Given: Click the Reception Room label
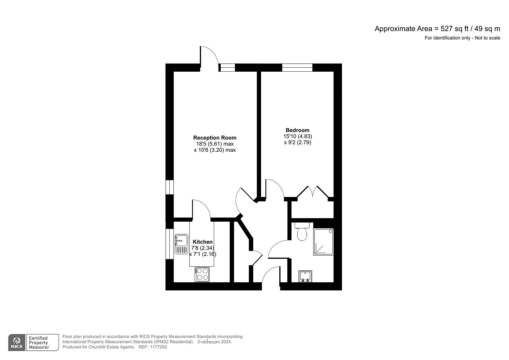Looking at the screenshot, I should tap(215, 138).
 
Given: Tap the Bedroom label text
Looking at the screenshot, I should tap(297, 130).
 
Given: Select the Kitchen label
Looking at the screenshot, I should tap(202, 242).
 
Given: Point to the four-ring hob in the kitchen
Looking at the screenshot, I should tap(202, 274).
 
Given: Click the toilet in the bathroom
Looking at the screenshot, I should tap(302, 232).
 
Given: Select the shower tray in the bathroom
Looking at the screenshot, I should tap(323, 242).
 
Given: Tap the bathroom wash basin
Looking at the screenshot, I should tap(305, 276).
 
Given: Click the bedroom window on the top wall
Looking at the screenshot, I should tap(297, 67).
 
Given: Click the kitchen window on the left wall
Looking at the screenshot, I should tap(170, 243).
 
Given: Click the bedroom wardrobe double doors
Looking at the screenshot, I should tap(313, 193).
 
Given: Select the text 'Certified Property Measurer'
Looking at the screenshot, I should tap(39, 343).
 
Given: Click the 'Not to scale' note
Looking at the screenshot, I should tap(487, 38).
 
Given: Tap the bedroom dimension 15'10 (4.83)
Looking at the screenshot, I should tap(297, 136).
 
